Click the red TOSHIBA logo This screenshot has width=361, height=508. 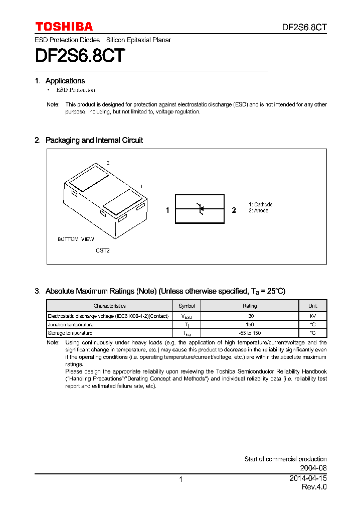(x=64, y=27)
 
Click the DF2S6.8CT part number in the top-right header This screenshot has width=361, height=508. (x=303, y=27)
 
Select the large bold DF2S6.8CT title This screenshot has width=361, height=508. (x=80, y=56)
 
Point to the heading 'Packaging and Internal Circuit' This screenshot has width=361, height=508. (x=94, y=141)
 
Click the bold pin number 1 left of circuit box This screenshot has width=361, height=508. (x=168, y=210)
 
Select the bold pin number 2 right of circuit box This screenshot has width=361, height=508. (x=234, y=210)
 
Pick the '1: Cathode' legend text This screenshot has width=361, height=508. (x=261, y=204)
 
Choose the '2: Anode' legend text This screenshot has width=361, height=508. (x=259, y=210)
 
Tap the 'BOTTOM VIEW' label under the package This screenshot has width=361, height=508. (x=76, y=239)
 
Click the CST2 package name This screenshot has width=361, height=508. (x=102, y=250)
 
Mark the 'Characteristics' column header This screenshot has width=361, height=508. (x=109, y=306)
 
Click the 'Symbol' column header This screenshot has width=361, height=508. (x=186, y=306)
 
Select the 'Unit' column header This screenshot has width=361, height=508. (x=312, y=306)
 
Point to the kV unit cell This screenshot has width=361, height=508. (x=312, y=316)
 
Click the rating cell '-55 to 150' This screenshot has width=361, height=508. (x=250, y=333)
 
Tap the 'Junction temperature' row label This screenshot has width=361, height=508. (x=70, y=325)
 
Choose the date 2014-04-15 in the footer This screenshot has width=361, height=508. (x=308, y=478)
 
